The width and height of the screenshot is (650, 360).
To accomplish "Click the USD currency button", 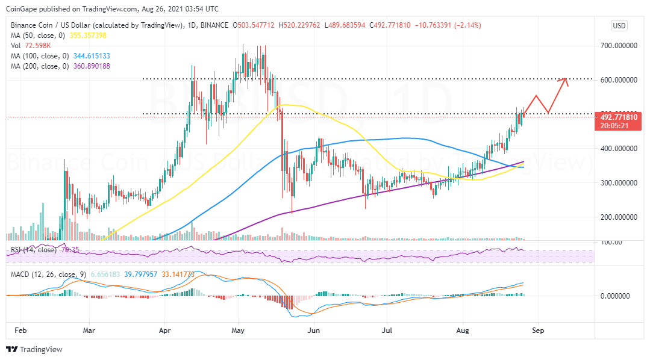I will pyautogui.click(x=619, y=25).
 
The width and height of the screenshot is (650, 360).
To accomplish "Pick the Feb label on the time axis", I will pyautogui.click(x=20, y=331).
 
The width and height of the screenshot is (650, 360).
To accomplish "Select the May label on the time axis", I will pyautogui.click(x=238, y=331).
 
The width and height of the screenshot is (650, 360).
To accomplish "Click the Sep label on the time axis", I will pyautogui.click(x=538, y=331).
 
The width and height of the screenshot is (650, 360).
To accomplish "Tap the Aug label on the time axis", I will pyautogui.click(x=463, y=331).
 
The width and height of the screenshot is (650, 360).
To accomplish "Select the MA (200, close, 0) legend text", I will pyautogui.click(x=38, y=66).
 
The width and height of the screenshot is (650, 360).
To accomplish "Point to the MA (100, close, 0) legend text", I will pyautogui.click(x=38, y=56).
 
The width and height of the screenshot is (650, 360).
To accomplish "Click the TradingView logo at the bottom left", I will pyautogui.click(x=34, y=349).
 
